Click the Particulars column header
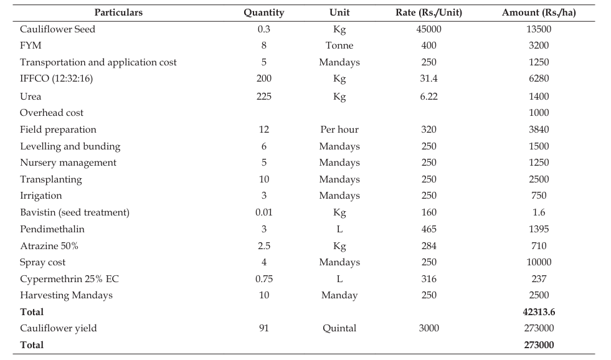point(118,12)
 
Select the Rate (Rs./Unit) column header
point(429,12)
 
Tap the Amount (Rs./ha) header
point(539,12)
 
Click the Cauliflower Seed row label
point(57,29)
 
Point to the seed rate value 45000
point(429,29)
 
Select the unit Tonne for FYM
point(339,45)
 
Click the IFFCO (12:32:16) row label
point(56,78)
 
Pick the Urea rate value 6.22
point(429,97)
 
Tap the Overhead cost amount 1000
point(539,113)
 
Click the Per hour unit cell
point(339,130)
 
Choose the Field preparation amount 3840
point(539,130)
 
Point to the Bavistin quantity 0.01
point(264,212)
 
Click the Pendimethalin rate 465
point(429,229)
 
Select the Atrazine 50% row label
point(49,246)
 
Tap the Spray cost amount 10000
point(539,262)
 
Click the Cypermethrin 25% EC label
point(69,279)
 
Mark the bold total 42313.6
point(539,312)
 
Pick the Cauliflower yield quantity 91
point(264,328)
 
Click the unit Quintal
point(339,328)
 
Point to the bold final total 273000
point(539,345)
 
